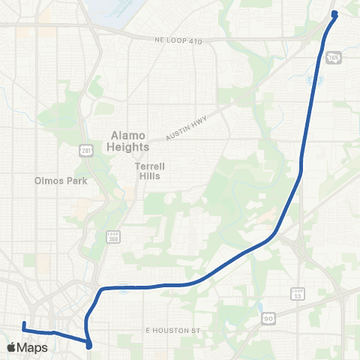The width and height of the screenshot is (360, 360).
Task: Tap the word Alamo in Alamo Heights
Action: pos(124,135)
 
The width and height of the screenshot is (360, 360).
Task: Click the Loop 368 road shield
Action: pos(113,237)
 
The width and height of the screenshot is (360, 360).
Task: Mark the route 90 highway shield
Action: pos(268,319)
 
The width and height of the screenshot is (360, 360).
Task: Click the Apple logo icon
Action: pos(11,347)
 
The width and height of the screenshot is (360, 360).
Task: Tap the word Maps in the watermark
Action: pos(32,347)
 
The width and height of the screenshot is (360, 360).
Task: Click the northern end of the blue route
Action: pos(334,13)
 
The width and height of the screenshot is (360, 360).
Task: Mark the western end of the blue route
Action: pos(24,323)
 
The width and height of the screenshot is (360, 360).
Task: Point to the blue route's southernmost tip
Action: pos(89,346)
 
